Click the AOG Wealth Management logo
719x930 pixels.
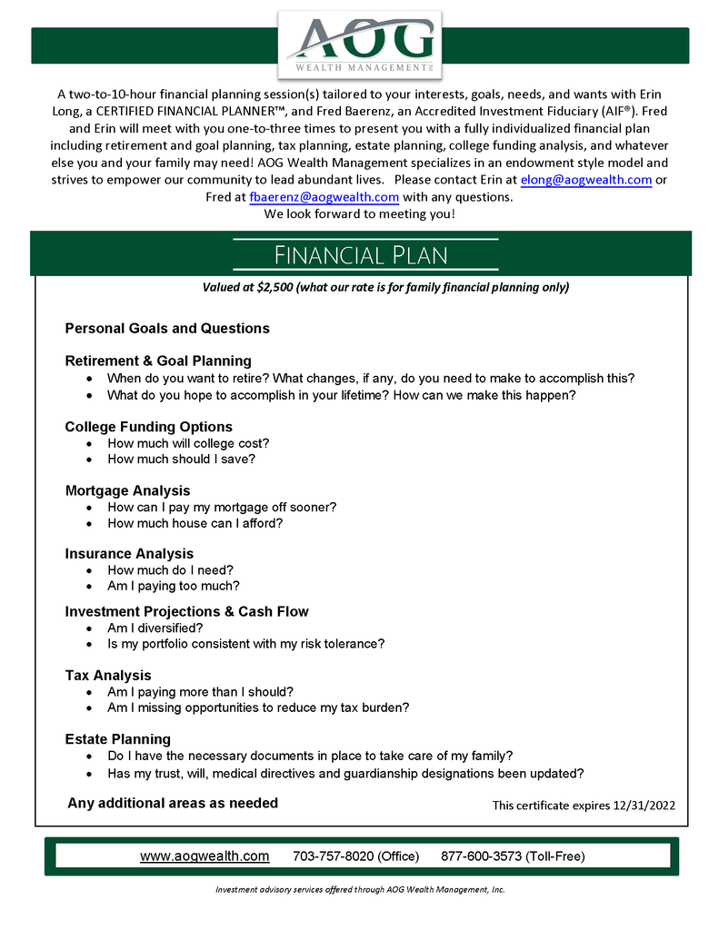coord(360,44)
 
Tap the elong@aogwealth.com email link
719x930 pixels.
coord(586,180)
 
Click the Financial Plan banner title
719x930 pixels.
coord(361,254)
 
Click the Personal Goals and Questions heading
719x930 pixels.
coord(167,328)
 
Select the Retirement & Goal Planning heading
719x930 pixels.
coord(158,361)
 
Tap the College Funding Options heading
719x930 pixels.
coord(149,427)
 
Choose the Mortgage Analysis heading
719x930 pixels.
coord(128,490)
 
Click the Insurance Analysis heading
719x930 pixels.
coord(129,553)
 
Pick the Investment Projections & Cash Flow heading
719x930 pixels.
coord(187,611)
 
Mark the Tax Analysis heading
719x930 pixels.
coord(108,675)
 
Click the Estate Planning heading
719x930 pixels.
coord(118,738)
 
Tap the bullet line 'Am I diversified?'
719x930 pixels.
coord(155,628)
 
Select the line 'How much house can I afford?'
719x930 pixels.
coord(195,523)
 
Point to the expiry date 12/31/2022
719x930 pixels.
coord(643,805)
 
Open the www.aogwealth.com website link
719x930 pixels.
coord(205,856)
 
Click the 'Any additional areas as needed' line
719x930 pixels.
coord(173,803)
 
